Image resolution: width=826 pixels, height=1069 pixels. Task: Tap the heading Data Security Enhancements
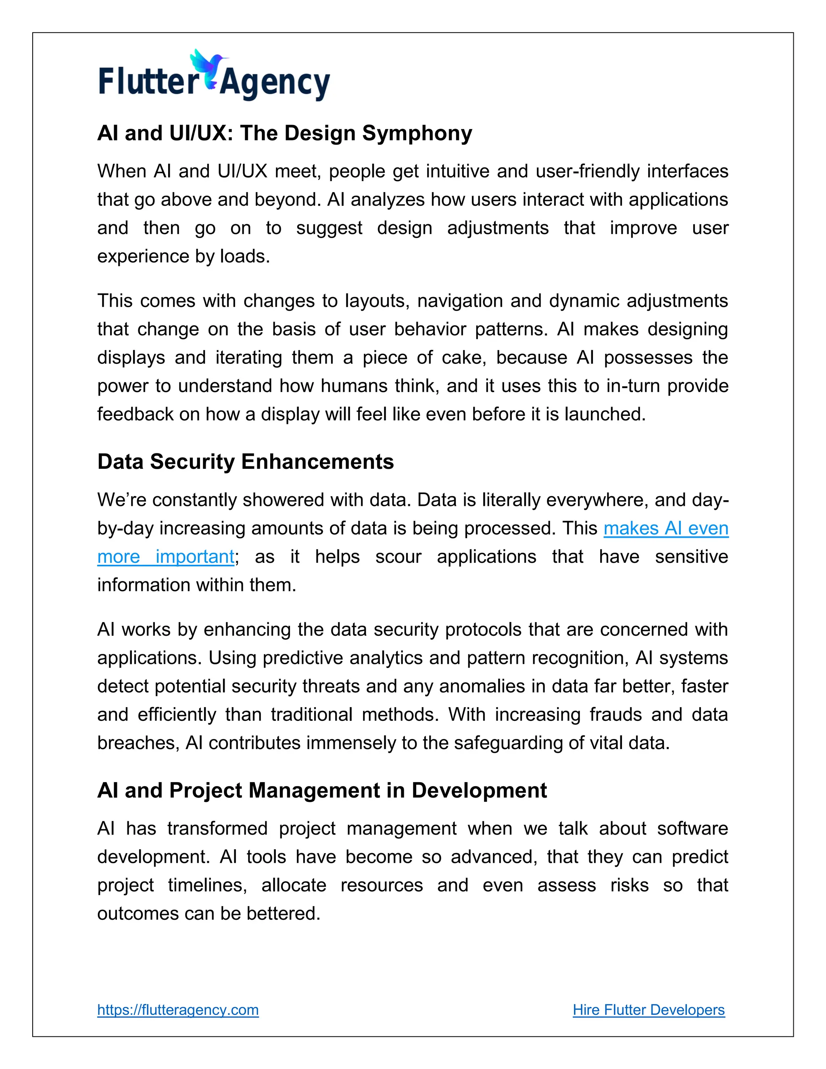(245, 461)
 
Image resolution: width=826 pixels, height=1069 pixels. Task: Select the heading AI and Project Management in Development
(321, 791)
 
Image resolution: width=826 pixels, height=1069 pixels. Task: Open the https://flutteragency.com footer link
(177, 1010)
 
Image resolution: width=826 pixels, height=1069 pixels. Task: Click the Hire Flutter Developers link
(649, 1010)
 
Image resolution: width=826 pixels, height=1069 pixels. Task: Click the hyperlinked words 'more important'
(165, 557)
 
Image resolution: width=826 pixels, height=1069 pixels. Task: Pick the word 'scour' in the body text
(398, 557)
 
